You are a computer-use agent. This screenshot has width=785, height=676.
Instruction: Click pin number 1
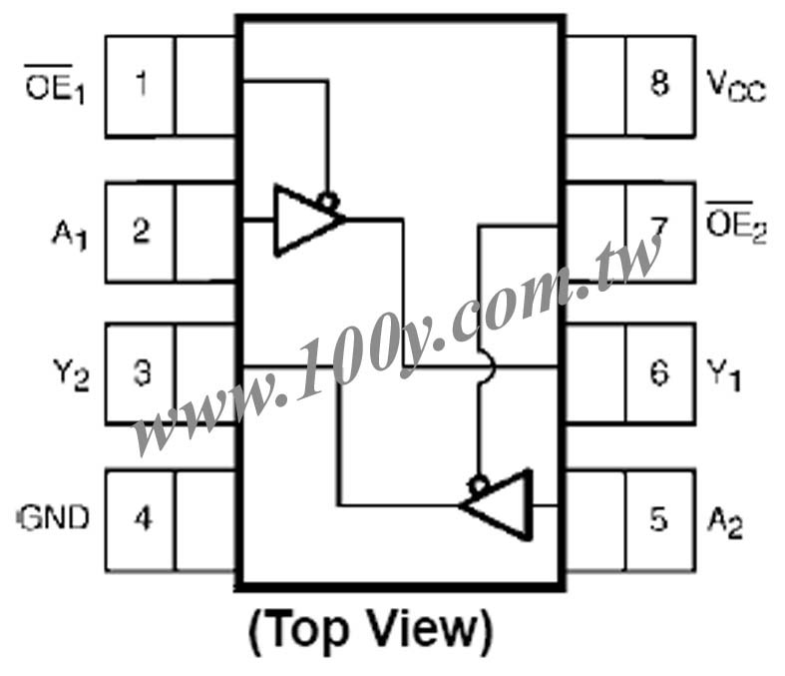[142, 83]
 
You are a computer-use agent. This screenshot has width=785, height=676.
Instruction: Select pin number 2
[142, 230]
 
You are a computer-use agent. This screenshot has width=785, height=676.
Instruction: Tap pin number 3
[143, 372]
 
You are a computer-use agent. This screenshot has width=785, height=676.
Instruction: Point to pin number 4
[144, 517]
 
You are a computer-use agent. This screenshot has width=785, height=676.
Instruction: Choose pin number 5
[659, 518]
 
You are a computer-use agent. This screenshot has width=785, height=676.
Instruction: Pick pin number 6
[659, 372]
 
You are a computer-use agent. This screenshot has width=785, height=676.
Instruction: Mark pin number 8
[659, 83]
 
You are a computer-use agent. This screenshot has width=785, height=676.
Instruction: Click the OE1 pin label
[55, 85]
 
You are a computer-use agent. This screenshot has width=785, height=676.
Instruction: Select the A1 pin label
[70, 234]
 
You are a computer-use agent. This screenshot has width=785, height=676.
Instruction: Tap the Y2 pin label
[71, 375]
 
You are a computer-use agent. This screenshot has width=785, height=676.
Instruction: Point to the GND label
[54, 517]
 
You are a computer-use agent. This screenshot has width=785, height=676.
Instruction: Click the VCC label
[736, 86]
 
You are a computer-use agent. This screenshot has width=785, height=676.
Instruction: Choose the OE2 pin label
[736, 223]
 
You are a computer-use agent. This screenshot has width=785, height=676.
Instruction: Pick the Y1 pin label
[723, 374]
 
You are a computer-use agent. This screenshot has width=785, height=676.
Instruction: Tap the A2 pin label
[724, 522]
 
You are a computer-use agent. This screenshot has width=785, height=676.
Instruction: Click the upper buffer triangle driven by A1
[305, 220]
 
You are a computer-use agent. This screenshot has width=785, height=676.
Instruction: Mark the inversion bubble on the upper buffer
[328, 202]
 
